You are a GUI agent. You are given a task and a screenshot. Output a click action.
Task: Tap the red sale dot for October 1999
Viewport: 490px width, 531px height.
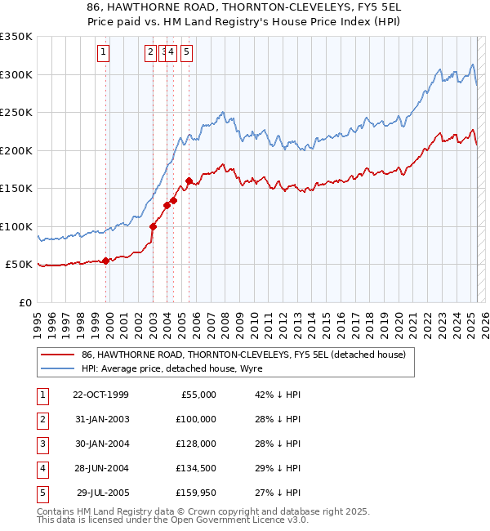tap(106, 261)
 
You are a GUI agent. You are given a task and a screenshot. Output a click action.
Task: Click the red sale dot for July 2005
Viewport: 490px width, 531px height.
tap(189, 181)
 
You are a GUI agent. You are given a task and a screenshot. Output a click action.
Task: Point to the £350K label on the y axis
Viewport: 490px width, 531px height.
tap(16, 37)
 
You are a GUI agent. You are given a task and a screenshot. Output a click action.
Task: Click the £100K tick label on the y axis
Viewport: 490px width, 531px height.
tap(16, 226)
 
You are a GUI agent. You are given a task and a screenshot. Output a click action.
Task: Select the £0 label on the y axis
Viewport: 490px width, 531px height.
tap(24, 302)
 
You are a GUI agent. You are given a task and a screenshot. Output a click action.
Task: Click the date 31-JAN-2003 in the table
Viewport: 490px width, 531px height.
tap(101, 419)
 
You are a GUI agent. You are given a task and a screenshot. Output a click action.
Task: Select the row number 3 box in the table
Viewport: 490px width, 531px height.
tap(42, 444)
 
